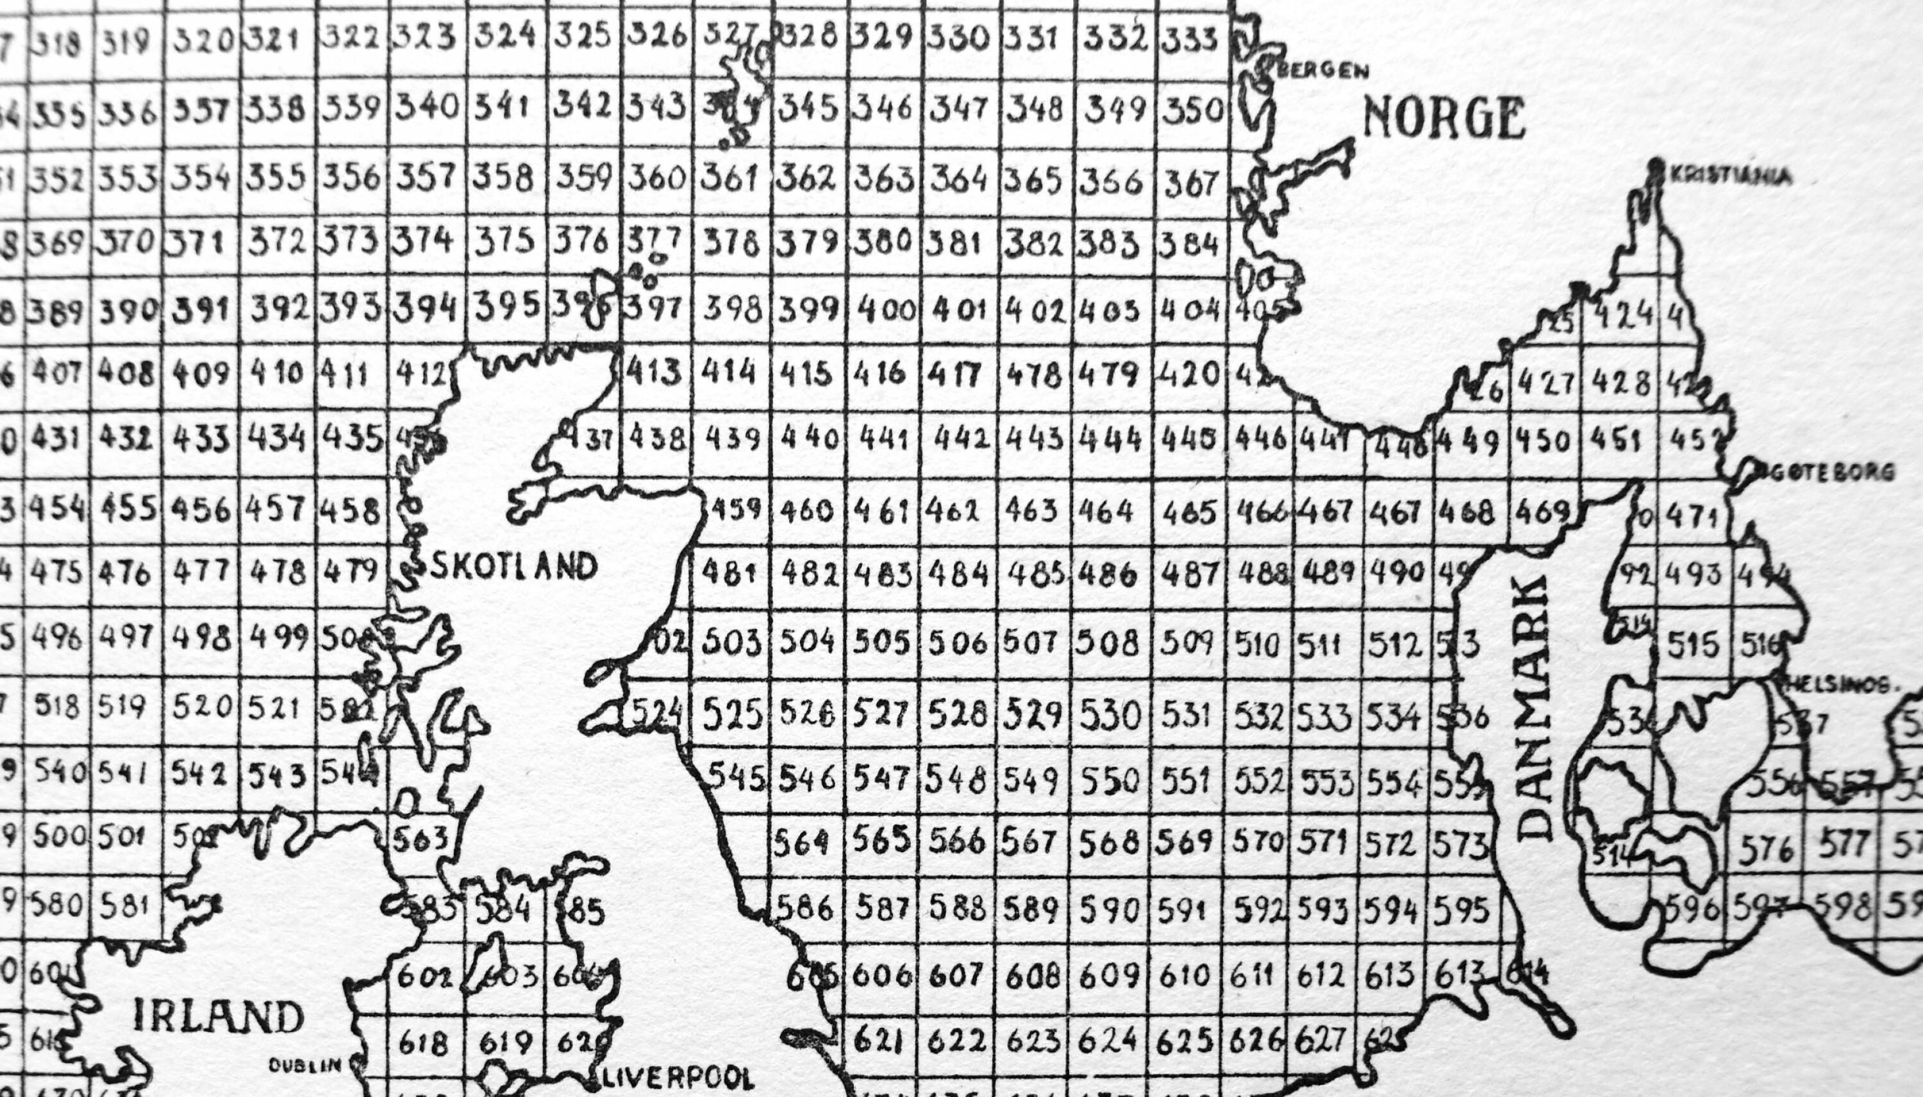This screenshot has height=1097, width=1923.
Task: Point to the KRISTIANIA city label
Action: [1730, 177]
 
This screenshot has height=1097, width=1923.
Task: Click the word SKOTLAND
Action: [513, 567]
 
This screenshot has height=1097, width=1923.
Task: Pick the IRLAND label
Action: [219, 1016]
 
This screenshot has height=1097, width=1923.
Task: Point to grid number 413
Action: [654, 373]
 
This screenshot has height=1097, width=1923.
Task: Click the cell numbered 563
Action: [422, 837]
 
